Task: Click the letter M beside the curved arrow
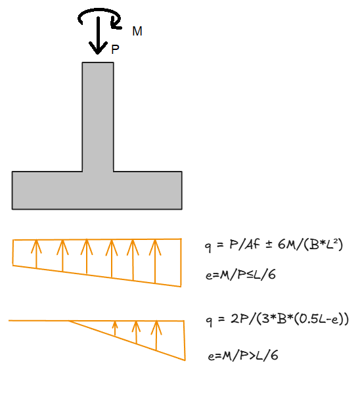click(x=137, y=31)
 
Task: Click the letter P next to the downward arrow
click(x=116, y=49)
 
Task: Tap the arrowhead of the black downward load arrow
click(x=98, y=48)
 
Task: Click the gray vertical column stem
click(x=98, y=117)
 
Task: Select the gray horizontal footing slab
click(x=97, y=191)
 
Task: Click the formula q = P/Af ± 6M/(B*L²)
click(x=274, y=245)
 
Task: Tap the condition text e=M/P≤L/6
click(x=240, y=275)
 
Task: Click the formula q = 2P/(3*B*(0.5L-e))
click(x=277, y=320)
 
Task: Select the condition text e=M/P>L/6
click(x=243, y=356)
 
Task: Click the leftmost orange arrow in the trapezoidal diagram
click(x=37, y=254)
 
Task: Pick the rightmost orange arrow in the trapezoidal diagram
click(x=155, y=262)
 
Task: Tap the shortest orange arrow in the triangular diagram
click(x=115, y=328)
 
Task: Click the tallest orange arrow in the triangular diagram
click(x=156, y=335)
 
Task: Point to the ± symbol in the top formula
click(x=269, y=245)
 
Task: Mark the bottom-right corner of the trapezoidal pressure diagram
click(x=181, y=287)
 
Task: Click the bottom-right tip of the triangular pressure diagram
click(x=185, y=360)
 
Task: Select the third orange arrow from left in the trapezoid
click(x=87, y=256)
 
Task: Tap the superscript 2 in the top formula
click(x=334, y=241)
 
